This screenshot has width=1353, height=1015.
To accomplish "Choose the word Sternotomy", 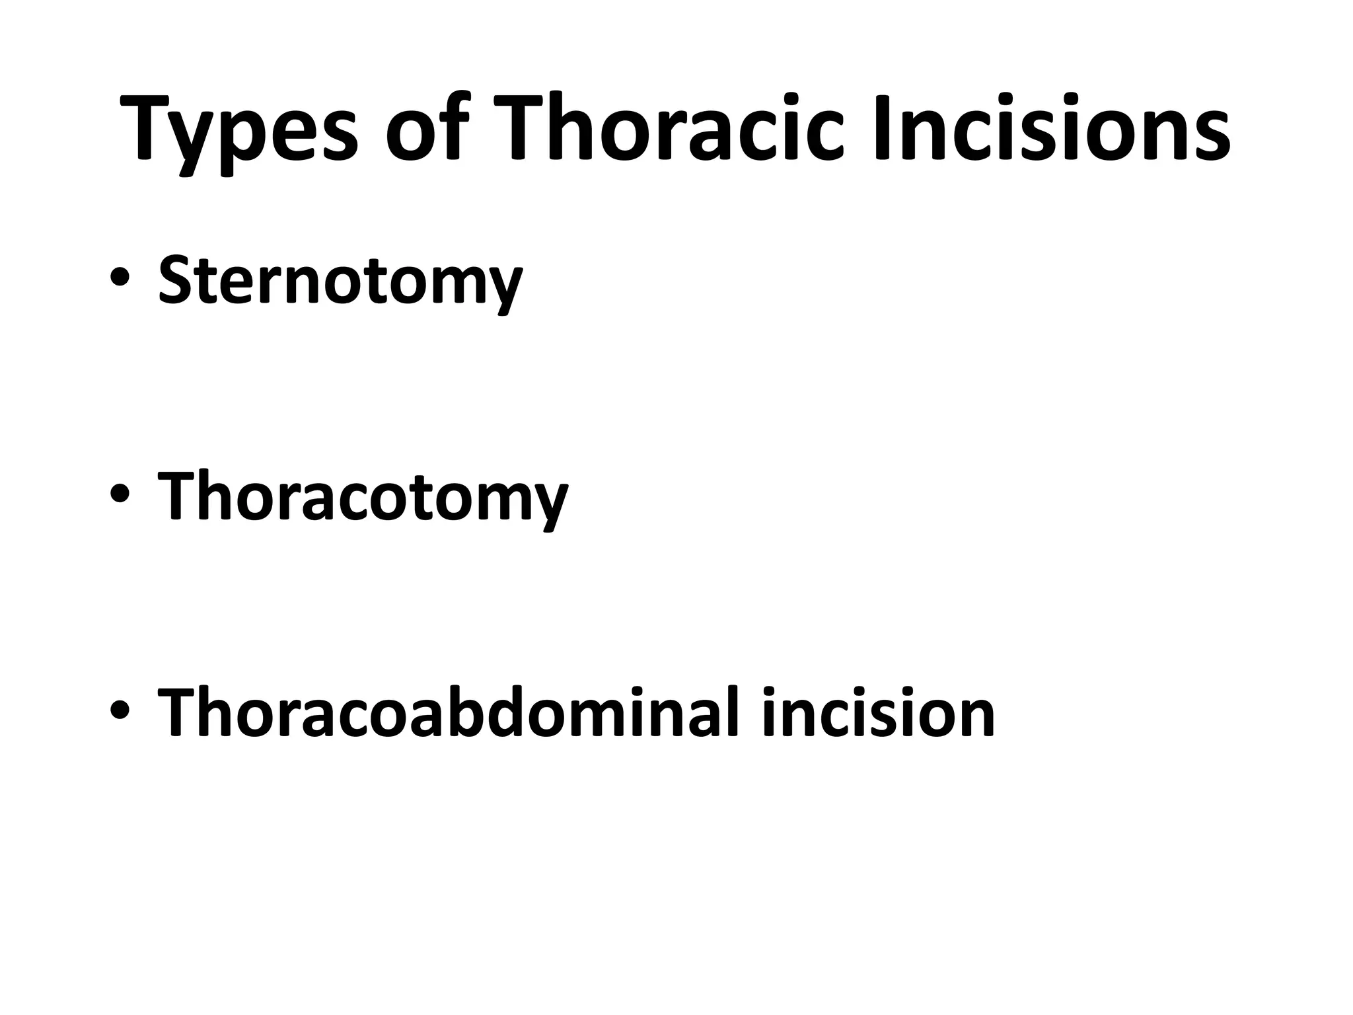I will pyautogui.click(x=340, y=281).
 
